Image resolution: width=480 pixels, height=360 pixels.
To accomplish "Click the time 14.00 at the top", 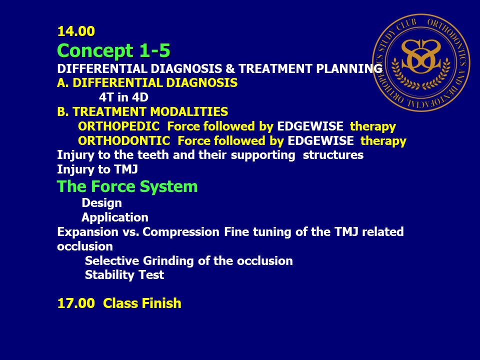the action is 76,31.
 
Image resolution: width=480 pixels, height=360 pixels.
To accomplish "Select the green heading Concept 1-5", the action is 113,50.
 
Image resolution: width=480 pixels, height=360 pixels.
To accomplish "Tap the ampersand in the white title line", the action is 230,68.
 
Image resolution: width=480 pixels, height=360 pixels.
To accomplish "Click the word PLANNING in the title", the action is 349,68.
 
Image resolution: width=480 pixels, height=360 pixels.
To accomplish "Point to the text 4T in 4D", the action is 123,97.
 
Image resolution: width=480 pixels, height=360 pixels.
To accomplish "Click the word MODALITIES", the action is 189,111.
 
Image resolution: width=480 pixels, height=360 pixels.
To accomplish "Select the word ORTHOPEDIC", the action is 119,126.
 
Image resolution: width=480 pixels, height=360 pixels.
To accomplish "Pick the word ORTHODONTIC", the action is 124,141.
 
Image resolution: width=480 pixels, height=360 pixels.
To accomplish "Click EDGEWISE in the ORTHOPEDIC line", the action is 310,126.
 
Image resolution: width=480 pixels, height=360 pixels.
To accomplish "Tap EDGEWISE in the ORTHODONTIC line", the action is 321,141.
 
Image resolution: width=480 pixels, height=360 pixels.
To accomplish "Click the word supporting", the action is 263,155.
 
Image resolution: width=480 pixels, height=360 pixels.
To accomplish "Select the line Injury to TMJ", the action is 97,169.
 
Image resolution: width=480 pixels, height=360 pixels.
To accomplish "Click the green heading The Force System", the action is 127,186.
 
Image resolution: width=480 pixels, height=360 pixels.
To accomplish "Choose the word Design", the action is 102,203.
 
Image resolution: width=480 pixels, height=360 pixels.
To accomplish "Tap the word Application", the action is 115,217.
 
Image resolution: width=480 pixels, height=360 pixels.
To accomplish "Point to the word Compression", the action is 181,231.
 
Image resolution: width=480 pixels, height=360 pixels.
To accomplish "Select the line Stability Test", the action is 124,275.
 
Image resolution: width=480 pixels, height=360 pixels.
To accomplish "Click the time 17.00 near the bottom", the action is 76,303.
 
